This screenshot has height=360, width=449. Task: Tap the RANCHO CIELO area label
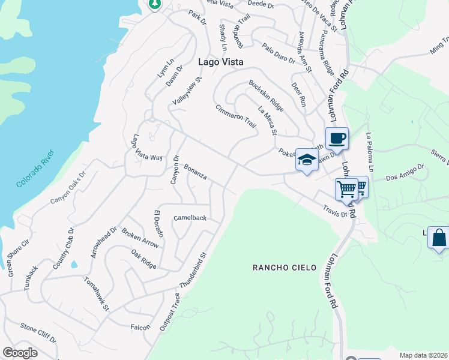285,267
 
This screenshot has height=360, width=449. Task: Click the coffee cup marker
337,139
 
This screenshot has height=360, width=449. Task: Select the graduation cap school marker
306,160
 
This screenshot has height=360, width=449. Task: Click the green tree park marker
155,4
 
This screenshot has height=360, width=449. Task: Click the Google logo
20,353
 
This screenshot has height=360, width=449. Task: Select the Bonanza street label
196,172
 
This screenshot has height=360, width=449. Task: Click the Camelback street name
190,218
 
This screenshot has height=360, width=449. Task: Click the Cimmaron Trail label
236,116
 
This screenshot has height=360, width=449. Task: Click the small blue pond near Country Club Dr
74,264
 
